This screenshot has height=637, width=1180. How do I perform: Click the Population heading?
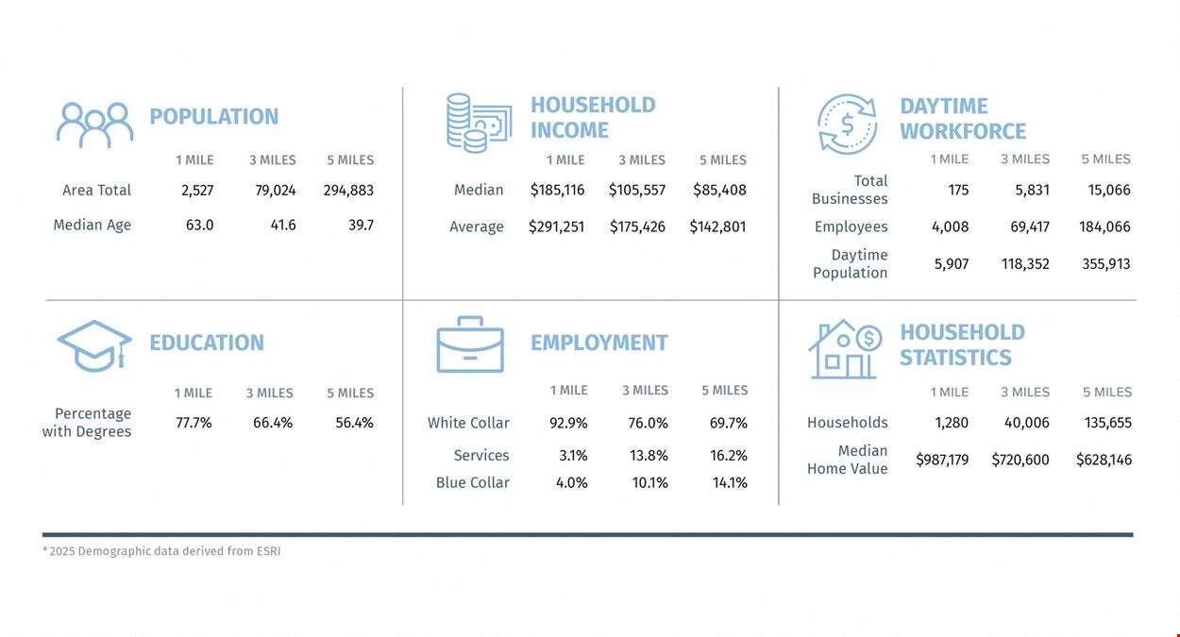214,116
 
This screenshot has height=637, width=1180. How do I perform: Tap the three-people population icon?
94,125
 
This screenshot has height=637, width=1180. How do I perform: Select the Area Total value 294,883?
348,190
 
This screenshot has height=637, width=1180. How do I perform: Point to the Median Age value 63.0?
199,226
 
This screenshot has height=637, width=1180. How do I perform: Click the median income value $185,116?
557,190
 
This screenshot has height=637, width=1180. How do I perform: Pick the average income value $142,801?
717,226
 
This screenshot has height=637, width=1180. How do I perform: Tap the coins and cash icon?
479,124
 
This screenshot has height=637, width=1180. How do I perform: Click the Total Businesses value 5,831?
1032,190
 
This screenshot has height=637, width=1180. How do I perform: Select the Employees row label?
851,226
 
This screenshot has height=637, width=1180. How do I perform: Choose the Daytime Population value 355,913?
1105,263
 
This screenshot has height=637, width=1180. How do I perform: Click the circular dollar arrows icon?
847,125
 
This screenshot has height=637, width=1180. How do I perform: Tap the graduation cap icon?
94,345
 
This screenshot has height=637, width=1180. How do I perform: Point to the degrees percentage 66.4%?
273,423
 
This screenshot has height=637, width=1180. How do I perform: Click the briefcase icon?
470,344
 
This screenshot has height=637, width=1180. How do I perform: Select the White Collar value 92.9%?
568,423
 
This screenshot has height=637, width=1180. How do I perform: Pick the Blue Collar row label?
473,483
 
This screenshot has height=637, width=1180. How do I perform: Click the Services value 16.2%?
729,456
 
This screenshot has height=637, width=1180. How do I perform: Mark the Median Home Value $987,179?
942,461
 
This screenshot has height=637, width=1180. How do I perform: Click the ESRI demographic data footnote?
161,551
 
